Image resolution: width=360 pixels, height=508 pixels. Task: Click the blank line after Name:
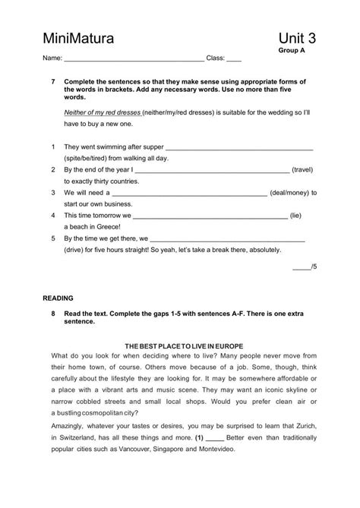134,59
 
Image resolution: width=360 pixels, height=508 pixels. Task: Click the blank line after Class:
234,59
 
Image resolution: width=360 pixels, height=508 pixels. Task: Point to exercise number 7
52,81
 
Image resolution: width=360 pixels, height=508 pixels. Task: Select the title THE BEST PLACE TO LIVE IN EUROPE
179,346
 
